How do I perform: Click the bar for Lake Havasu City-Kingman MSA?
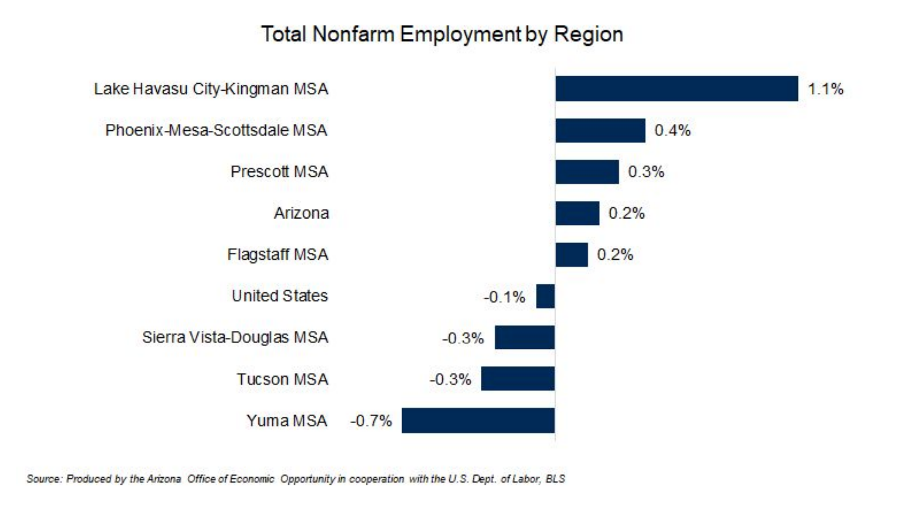pos(676,89)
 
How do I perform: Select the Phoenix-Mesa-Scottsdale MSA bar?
pos(600,130)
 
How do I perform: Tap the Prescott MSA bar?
pos(587,172)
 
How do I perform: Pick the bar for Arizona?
pos(577,213)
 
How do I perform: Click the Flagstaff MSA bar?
pos(571,255)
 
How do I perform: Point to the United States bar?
pos(545,296)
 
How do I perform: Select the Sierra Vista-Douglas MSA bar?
pos(525,337)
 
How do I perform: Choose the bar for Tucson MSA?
pos(518,379)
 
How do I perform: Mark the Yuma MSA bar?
pos(478,420)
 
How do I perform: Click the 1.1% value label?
pos(825,89)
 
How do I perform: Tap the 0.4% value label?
pos(672,130)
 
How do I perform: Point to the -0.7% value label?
pos(371,421)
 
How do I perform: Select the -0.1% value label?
pos(504,297)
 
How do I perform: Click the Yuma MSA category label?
pos(287,420)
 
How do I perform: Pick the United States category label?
pos(280,296)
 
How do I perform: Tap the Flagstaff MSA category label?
pos(277,255)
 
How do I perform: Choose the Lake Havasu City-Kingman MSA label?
pos(211,89)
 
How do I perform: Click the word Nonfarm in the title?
pos(353,34)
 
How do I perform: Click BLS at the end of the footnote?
pos(555,479)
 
